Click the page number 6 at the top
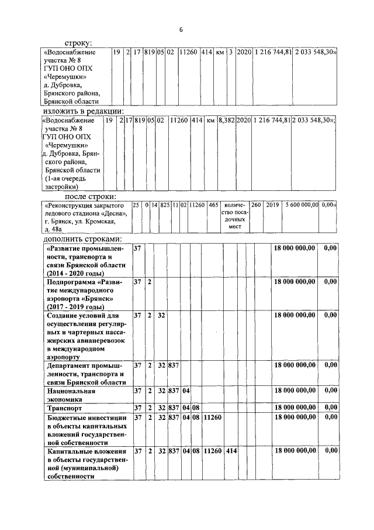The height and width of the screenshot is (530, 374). (x=181, y=29)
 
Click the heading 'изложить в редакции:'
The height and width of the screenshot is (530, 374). (x=82, y=111)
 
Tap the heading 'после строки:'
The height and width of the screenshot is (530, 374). (x=90, y=196)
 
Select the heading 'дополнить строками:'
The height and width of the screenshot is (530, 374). (x=82, y=240)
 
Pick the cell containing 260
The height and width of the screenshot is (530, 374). (x=256, y=206)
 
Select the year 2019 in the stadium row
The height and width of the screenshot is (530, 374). (x=272, y=206)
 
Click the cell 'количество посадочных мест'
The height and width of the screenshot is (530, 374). (x=235, y=217)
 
